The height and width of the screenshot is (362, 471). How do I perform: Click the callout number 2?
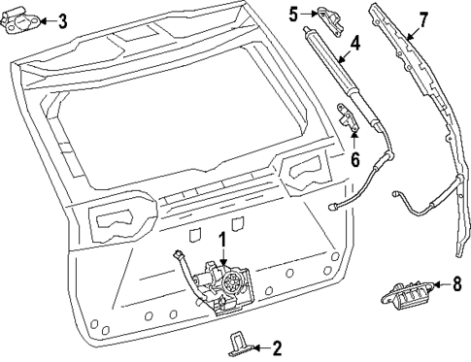coord(277,346)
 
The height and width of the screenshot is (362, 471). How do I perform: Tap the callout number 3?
coord(62,20)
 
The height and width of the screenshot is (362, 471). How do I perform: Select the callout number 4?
coord(354,44)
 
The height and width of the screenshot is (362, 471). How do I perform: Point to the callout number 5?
coord(294,13)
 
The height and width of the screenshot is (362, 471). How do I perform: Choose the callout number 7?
coord(422,19)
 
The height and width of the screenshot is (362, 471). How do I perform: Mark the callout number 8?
coord(455,283)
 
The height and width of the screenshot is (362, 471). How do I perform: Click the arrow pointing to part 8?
coord(438,283)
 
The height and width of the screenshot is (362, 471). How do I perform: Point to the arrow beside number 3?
coord(48,21)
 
